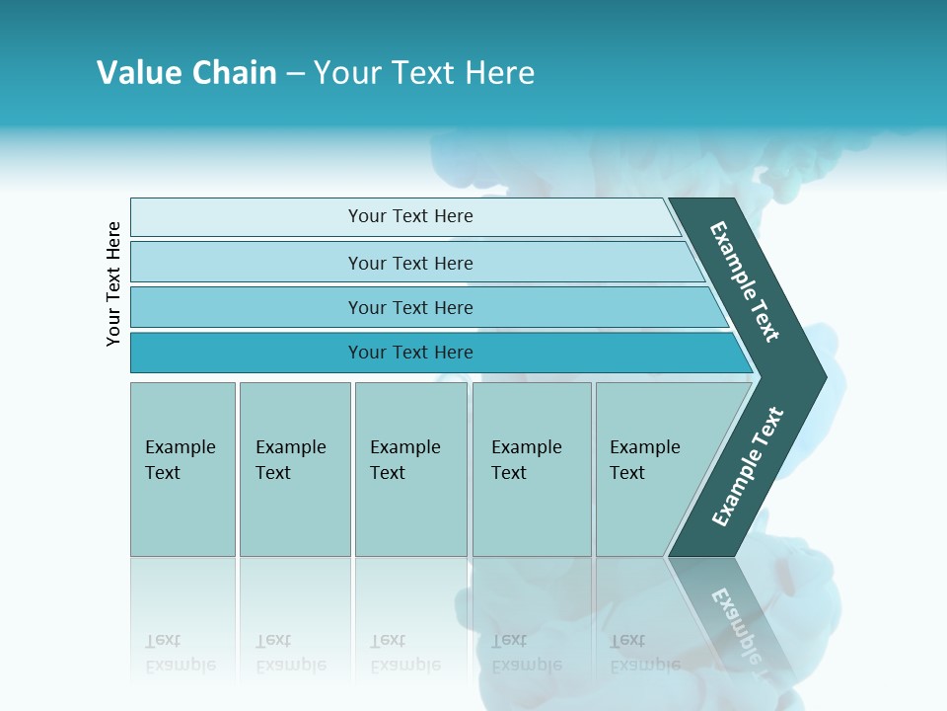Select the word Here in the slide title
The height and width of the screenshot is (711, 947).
click(499, 73)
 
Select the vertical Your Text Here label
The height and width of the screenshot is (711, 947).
click(114, 283)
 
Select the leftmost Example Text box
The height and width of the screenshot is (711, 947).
click(182, 469)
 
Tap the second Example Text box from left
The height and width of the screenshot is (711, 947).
click(294, 469)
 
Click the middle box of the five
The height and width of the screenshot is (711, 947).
click(410, 469)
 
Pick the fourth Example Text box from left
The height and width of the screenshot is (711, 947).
click(531, 469)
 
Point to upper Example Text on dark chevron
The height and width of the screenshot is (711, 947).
click(746, 282)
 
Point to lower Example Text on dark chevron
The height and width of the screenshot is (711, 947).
click(748, 466)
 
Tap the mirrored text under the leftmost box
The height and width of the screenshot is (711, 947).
click(180, 653)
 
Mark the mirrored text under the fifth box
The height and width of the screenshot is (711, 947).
click(644, 653)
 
